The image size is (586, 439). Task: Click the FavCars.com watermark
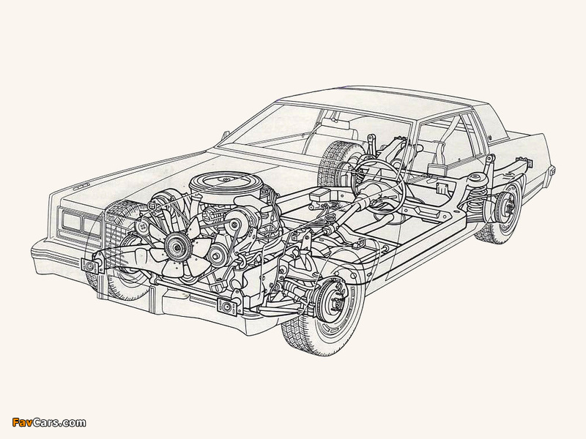[49, 423]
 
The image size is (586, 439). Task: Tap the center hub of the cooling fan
[174, 246]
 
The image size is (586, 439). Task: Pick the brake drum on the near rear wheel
[508, 207]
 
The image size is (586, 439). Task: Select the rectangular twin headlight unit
[78, 222]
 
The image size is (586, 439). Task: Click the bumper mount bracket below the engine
[228, 306]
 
